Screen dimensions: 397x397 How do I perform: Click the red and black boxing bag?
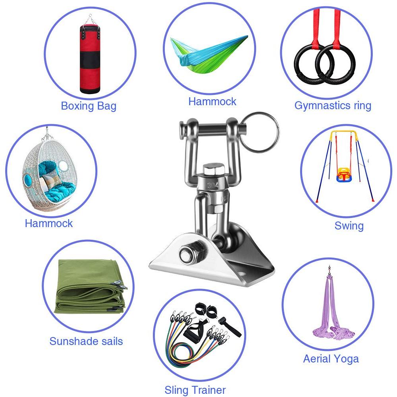pos(90,59)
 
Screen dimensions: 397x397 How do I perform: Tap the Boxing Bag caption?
pos(89,106)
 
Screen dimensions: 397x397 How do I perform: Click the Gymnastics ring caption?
pos(333,105)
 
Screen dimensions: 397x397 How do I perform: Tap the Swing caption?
pos(349,225)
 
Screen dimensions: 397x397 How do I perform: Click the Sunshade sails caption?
pos(86,341)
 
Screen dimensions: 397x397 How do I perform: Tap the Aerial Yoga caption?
pos(331,359)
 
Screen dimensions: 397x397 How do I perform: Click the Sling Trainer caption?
pos(195,390)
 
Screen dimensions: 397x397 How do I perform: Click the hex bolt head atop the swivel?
pos(214,170)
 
